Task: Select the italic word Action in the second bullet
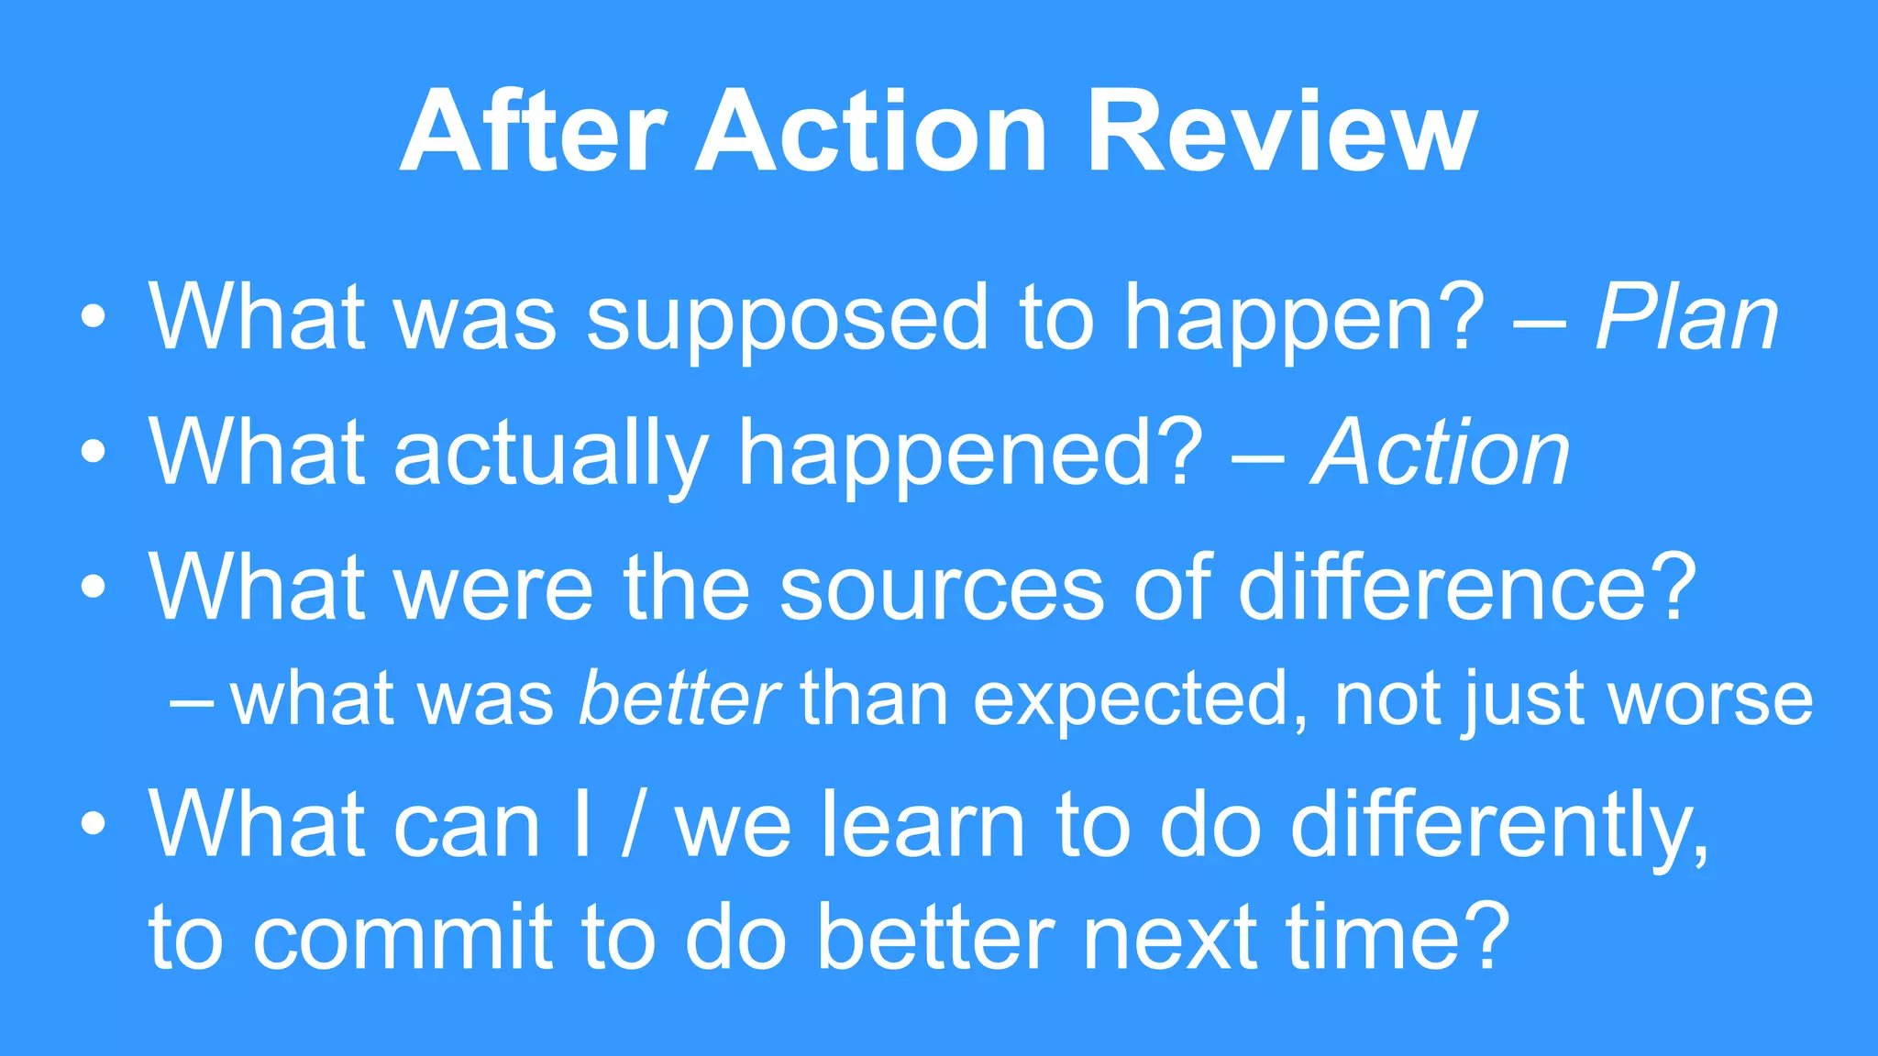click(x=1441, y=453)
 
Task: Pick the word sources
click(x=942, y=589)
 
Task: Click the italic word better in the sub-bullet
click(x=679, y=699)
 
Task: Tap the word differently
click(x=1498, y=825)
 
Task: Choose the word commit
click(x=403, y=937)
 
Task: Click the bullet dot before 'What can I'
click(x=93, y=824)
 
